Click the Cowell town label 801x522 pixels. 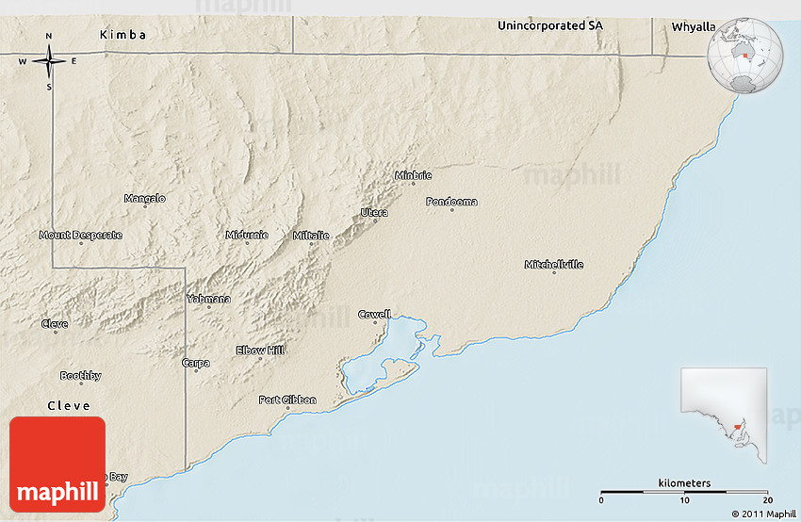click(374, 314)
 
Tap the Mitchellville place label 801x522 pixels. click(553, 265)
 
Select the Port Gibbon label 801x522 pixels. click(287, 400)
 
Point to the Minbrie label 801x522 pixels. click(413, 175)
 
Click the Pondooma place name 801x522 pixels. click(451, 202)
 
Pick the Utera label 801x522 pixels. click(374, 213)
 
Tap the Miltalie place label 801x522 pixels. click(311, 235)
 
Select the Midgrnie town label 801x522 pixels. click(247, 235)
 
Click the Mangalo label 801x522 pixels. click(144, 198)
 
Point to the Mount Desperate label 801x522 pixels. click(80, 235)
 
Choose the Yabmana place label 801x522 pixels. click(208, 299)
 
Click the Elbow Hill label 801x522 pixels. click(259, 351)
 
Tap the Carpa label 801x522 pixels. click(196, 362)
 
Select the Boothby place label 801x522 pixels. click(80, 376)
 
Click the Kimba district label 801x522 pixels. click(123, 35)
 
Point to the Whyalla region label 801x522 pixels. click(693, 27)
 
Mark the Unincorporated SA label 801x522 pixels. click(549, 25)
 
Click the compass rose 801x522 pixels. click(49, 62)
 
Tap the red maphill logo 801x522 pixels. click(57, 465)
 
